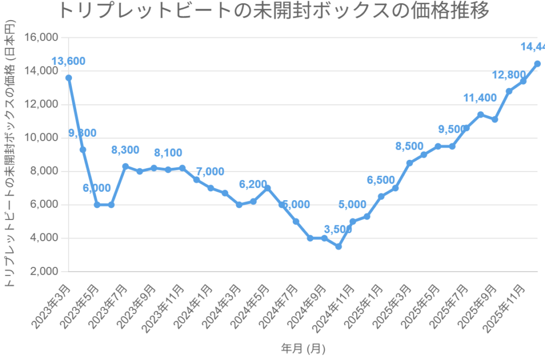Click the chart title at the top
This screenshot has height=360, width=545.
pyautogui.click(x=272, y=11)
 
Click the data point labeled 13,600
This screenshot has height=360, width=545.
pyautogui.click(x=69, y=78)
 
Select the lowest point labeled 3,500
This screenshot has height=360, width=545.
pyautogui.click(x=338, y=247)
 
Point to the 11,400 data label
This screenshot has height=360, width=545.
pyautogui.click(x=480, y=97)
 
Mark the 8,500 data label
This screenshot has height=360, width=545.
pyautogui.click(x=409, y=146)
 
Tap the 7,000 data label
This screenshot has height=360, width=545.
pyautogui.click(x=211, y=171)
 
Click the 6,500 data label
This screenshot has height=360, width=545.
pyautogui.click(x=381, y=180)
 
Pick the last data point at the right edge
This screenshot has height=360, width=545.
pyautogui.click(x=538, y=64)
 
